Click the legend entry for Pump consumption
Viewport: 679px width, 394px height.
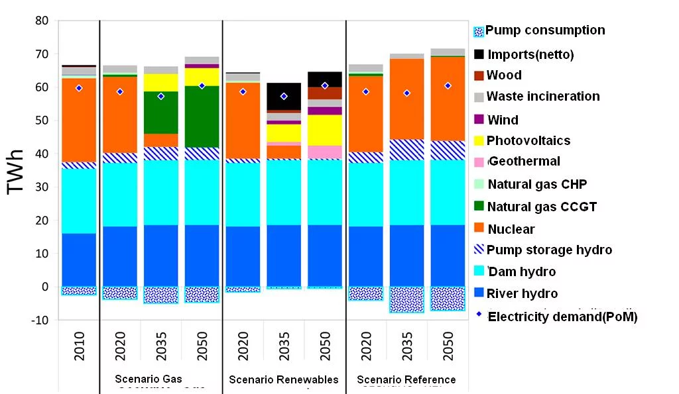point(544,30)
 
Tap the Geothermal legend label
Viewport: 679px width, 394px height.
point(523,162)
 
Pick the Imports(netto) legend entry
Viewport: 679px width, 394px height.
point(530,54)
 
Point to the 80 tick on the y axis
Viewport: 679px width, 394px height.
point(41,21)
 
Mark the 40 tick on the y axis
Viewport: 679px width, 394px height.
point(41,154)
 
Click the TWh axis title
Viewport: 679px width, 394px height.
point(17,171)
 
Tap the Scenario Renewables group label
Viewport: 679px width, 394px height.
point(284,379)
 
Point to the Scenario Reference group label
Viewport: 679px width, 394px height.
point(406,379)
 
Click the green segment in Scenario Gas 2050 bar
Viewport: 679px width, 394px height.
point(202,117)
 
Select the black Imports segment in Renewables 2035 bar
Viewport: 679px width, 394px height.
point(284,96)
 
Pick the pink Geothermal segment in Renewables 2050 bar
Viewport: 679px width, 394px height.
point(325,152)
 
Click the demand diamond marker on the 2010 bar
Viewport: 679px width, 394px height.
point(80,88)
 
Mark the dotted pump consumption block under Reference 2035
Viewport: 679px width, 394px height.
point(406,299)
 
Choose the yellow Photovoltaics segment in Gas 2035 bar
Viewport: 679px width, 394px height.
point(160,82)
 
